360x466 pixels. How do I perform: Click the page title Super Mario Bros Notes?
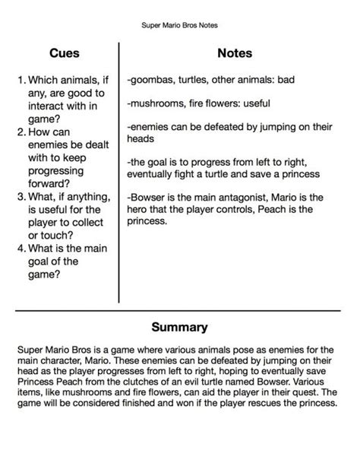180,24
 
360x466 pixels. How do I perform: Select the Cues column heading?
64,54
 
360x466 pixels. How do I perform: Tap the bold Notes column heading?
235,54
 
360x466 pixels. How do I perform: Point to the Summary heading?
180,328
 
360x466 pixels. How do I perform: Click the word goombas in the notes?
153,80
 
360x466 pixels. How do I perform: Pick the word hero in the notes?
142,211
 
